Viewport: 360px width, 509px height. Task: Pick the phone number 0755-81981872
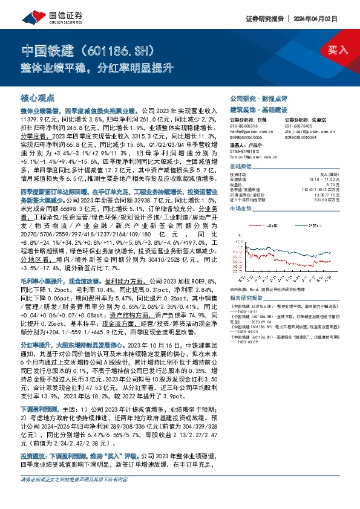(244, 151)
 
